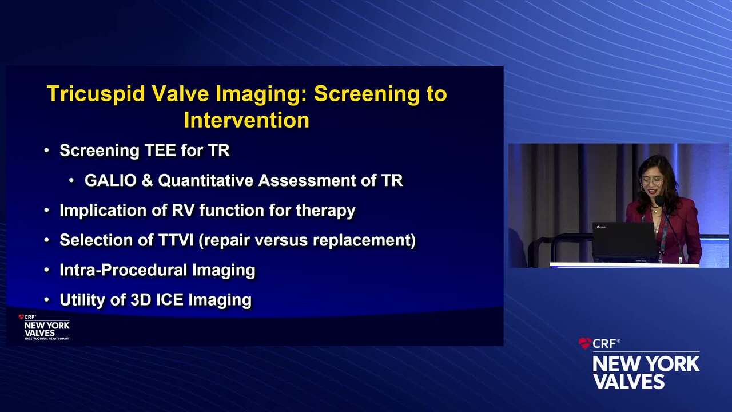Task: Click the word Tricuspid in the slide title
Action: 96,94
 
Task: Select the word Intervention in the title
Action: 246,120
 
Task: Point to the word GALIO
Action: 110,180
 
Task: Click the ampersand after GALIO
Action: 148,180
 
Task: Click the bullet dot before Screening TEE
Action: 47,150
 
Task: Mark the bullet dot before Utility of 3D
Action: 47,300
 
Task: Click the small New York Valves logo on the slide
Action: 44,327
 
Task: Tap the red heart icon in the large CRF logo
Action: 584,343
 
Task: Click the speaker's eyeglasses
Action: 651,180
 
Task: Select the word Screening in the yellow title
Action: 367,94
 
